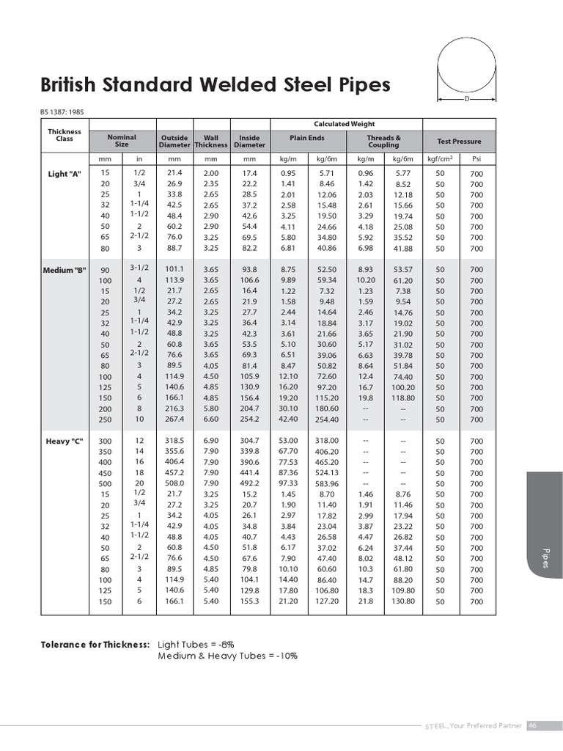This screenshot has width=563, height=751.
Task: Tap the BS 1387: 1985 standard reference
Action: [67, 111]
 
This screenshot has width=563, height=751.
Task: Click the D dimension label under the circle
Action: [466, 98]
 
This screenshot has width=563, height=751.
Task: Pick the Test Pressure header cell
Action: [459, 141]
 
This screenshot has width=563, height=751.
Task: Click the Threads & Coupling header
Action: [384, 141]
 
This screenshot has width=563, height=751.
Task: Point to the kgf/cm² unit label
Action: [441, 158]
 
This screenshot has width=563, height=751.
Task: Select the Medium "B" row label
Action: [65, 270]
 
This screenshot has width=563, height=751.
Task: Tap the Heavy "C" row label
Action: [65, 441]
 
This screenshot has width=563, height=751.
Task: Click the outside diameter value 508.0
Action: [174, 483]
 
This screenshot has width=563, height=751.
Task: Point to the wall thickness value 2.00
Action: [211, 173]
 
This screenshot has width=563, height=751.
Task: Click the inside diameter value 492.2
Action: [249, 483]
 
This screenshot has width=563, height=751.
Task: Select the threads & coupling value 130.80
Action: [403, 601]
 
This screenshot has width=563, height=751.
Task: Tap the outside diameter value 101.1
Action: [174, 270]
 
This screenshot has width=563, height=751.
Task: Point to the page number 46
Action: [533, 725]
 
